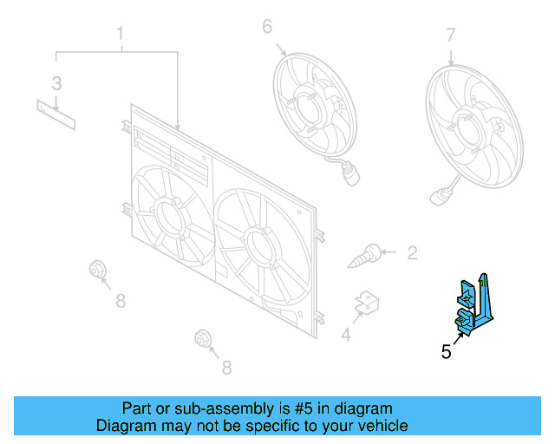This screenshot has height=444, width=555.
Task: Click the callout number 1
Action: tap(120, 33)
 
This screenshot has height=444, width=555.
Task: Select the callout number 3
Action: tap(56, 84)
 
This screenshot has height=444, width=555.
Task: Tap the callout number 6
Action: tap(267, 27)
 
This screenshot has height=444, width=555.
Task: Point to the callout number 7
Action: tap(450, 36)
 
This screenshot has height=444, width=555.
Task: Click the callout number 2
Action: tap(413, 253)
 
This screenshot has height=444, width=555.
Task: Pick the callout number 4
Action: tap(346, 335)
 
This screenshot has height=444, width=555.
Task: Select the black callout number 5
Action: tap(446, 351)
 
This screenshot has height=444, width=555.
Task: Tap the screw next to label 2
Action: tap(364, 256)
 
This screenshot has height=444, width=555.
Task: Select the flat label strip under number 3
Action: tap(55, 114)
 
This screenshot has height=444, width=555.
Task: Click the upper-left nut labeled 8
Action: tap(96, 270)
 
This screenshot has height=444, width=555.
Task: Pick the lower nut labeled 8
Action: tap(203, 338)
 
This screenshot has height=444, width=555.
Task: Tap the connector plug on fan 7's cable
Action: tap(439, 197)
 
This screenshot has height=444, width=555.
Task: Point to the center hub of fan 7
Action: tap(469, 128)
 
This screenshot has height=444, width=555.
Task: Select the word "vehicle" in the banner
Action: tap(383, 426)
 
